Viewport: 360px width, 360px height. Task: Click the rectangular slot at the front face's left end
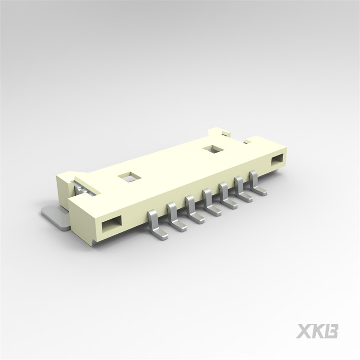point(110,223)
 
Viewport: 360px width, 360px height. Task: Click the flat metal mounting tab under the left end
point(54,215)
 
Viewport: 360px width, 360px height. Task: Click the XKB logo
point(317,331)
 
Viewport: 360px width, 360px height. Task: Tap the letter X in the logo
point(303,331)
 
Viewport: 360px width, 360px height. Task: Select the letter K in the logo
point(317,331)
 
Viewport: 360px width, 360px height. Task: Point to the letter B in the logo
point(331,331)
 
